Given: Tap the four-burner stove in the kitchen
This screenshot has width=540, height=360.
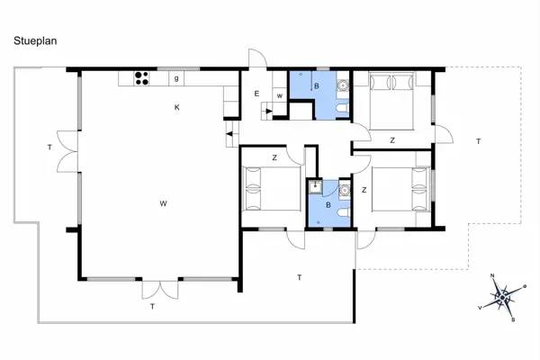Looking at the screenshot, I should pos(141,78).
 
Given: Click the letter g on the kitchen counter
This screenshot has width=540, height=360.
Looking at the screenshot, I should pos(176,78).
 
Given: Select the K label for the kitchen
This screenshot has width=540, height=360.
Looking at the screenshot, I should pos(177,107).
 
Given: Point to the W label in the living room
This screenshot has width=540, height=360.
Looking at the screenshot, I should pos(163,203).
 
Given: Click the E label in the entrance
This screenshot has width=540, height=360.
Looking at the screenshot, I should pos(256,94).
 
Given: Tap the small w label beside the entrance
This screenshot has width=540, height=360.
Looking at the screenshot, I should pos(280,95).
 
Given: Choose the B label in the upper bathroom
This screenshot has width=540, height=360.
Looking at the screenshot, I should pos(315,87).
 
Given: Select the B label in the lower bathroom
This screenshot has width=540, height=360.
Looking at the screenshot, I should pos(328,204).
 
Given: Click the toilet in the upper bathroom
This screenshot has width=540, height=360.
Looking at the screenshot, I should pos(336,110).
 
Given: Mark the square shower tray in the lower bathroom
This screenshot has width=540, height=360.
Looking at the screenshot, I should pos(315,187).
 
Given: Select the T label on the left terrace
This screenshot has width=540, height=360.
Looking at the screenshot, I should pos(49,147).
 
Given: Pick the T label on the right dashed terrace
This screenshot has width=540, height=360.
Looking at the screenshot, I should pos(478,141).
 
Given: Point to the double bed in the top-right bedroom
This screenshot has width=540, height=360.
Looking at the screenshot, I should pos(391,94).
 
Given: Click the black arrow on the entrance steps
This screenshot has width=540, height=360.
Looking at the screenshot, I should pos(229,133).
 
